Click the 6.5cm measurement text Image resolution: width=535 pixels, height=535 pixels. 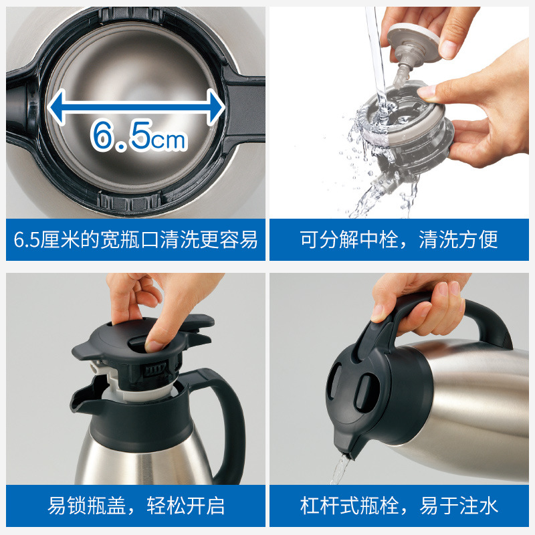coord(139,136)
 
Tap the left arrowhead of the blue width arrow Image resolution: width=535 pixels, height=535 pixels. coord(56,107)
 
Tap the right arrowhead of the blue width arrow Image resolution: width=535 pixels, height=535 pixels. coord(215,107)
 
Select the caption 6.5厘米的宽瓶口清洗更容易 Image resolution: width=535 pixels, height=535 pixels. coord(136,239)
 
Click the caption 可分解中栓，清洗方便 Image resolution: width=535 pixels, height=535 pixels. coord(399,239)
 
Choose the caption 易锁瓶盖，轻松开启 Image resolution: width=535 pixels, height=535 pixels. coord(136,506)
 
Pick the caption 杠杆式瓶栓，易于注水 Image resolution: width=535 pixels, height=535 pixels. coord(399,506)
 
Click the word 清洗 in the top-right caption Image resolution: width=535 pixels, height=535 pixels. coord(438,239)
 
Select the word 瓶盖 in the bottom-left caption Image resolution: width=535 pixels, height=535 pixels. coord(106,506)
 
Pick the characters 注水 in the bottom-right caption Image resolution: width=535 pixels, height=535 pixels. coord(478,506)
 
